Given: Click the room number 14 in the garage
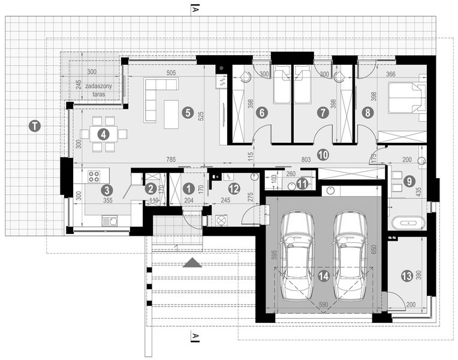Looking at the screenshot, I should (323, 276).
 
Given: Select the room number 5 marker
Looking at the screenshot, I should (188, 112).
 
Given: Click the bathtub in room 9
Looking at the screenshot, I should (407, 223).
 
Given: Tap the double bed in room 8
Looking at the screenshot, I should (406, 98).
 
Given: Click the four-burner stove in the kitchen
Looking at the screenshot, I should (95, 176).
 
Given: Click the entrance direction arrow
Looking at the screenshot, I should (192, 262).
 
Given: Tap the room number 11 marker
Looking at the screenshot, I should (303, 184).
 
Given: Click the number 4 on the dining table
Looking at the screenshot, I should (104, 134).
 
